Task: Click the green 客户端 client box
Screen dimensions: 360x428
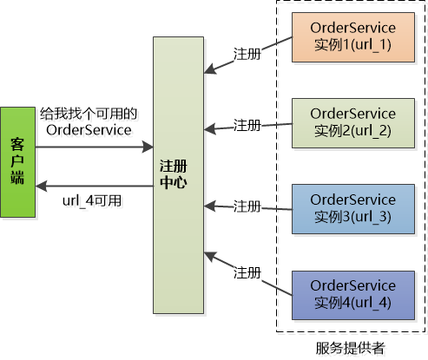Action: (17, 162)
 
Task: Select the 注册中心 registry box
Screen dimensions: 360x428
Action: (177, 174)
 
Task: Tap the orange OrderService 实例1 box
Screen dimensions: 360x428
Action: (352, 37)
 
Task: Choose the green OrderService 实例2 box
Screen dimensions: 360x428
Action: (352, 122)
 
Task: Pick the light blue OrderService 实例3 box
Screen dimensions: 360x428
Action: (352, 208)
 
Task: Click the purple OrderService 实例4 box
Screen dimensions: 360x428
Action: (352, 293)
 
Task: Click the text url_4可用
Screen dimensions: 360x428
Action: (92, 200)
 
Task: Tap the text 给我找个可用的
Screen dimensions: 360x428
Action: (90, 114)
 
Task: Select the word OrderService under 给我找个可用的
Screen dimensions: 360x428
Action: (89, 130)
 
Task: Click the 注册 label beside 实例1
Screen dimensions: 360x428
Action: (247, 53)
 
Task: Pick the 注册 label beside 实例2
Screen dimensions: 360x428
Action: (247, 126)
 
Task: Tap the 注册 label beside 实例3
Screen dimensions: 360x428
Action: (247, 206)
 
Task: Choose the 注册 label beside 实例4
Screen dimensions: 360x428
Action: (247, 272)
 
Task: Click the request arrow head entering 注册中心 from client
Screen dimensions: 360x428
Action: (148, 147)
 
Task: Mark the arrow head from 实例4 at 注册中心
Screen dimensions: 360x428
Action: (207, 254)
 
